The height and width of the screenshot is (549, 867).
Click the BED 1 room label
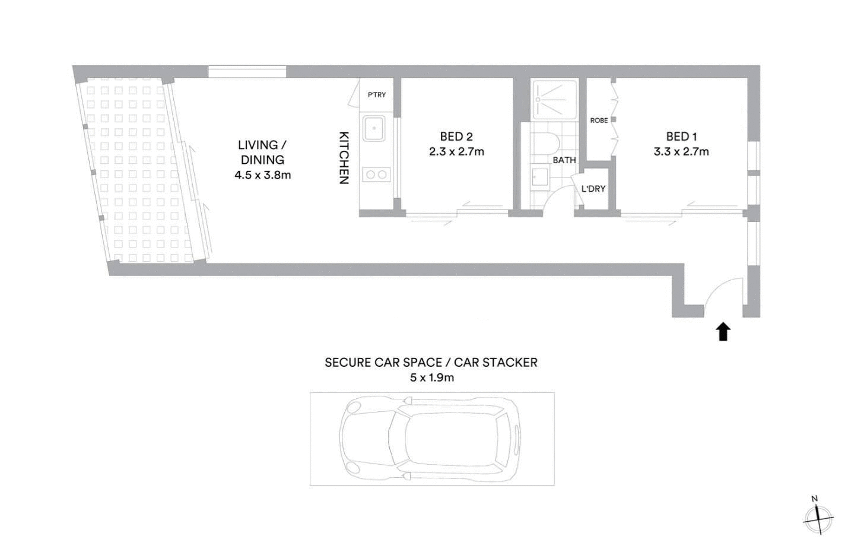[x=681, y=137]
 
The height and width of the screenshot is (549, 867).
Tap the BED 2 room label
[x=456, y=137]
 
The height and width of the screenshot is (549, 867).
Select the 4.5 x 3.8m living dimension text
[x=262, y=175]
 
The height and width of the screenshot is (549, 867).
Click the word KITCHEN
[x=344, y=157]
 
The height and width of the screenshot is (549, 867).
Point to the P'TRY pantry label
[x=377, y=95]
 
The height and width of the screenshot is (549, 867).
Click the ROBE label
[x=599, y=120]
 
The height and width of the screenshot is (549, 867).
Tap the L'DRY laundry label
[x=593, y=189]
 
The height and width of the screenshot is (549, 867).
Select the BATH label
[x=564, y=160]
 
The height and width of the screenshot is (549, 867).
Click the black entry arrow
[x=723, y=332]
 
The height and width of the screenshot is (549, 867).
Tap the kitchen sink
[x=374, y=128]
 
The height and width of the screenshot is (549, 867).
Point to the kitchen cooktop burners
[x=376, y=174]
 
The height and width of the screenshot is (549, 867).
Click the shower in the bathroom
[x=554, y=99]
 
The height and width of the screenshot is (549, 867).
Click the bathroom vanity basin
[x=540, y=177]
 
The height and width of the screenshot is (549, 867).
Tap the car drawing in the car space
[x=431, y=439]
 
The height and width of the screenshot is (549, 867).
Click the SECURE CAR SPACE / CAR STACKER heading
[x=431, y=363]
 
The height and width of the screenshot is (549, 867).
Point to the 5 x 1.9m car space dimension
[x=431, y=377]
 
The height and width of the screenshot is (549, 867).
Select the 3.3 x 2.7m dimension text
[x=681, y=151]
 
